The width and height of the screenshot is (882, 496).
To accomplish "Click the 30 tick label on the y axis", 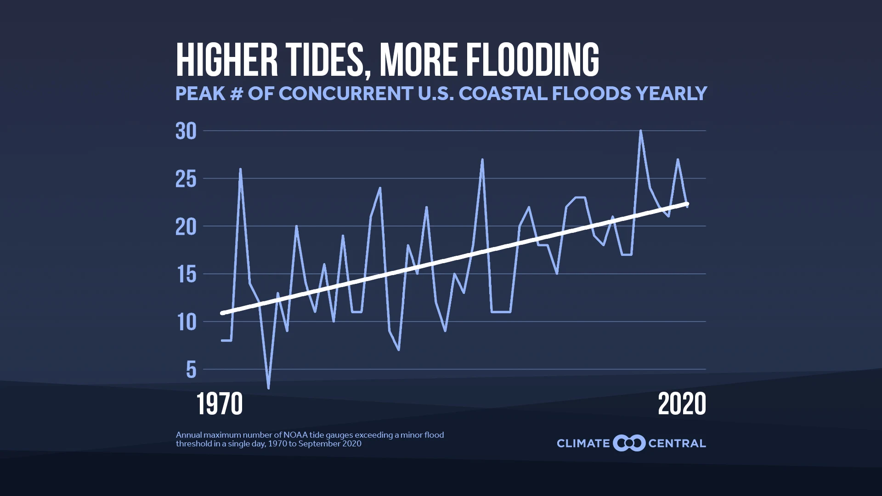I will (186, 131).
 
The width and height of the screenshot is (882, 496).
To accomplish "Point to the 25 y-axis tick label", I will (186, 179).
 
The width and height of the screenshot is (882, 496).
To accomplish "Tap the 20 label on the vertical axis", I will (186, 227).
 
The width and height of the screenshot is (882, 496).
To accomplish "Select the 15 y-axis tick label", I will (186, 275).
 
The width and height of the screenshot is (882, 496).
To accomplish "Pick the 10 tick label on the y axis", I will (187, 322).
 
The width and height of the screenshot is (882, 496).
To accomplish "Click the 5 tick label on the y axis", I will (191, 370).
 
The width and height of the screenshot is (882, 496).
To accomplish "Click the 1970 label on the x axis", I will (220, 404).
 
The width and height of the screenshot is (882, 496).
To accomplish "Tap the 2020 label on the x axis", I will (682, 404).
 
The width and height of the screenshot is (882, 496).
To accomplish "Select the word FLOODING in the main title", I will (532, 60).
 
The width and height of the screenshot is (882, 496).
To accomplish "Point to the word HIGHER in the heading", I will (227, 60).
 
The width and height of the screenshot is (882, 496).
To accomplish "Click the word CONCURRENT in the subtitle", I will (345, 94).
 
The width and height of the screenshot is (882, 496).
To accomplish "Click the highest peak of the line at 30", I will (640, 131).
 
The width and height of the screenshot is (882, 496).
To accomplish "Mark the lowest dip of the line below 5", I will (268, 388).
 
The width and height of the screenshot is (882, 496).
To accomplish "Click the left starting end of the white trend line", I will (222, 313).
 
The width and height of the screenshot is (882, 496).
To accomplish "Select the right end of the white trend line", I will (687, 203).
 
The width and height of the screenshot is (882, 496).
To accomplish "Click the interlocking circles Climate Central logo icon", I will (629, 443).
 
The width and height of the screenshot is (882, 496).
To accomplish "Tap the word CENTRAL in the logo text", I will (677, 444).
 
